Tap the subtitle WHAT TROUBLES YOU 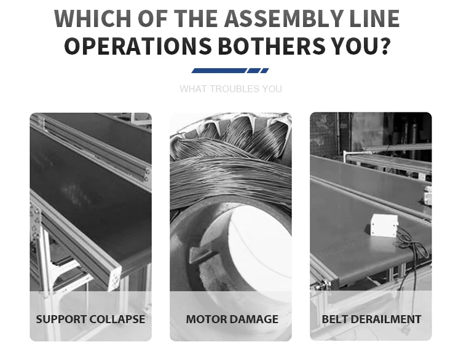pyautogui.click(x=230, y=89)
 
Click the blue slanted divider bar pyautogui.click(x=230, y=71)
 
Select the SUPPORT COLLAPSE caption pyautogui.click(x=90, y=319)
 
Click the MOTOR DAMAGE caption pyautogui.click(x=232, y=319)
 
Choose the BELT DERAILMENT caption pyautogui.click(x=371, y=319)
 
